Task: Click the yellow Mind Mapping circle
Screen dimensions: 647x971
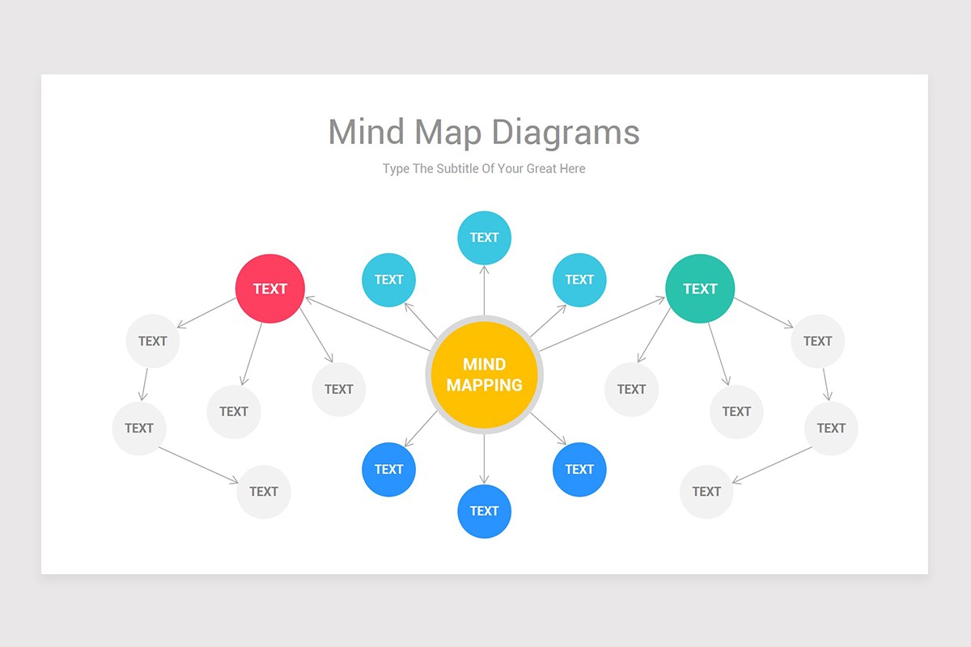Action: click(484, 374)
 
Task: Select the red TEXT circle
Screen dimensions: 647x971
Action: click(269, 289)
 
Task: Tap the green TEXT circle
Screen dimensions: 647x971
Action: click(700, 289)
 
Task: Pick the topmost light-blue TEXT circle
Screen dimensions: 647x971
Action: click(484, 237)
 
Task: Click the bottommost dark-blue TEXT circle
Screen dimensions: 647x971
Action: click(484, 510)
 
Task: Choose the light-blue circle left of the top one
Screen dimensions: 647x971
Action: click(388, 280)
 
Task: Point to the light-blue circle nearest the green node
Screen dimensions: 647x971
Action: click(579, 280)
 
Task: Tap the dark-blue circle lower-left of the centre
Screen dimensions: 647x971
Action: click(388, 469)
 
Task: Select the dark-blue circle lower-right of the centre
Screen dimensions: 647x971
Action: click(579, 469)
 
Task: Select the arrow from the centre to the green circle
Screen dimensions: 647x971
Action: click(602, 324)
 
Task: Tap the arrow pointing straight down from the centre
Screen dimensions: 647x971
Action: click(484, 459)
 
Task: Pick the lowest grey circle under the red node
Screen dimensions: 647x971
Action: click(264, 491)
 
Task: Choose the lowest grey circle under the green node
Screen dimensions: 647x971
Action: click(706, 491)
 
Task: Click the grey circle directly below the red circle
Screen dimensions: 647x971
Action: click(234, 412)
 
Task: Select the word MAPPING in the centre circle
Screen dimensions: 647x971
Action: click(484, 385)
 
